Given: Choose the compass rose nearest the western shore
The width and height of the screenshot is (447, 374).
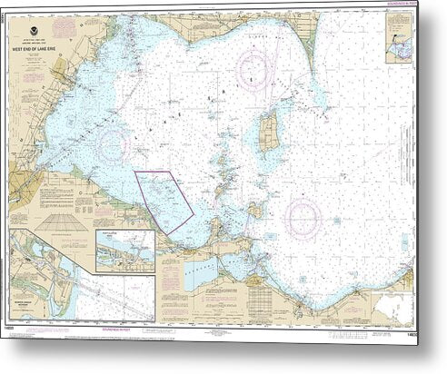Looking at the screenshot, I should tap(113, 143).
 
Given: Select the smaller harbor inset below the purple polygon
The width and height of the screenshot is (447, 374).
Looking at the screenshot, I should tap(124, 250).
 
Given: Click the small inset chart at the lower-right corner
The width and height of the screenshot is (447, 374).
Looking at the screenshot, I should tap(400, 312).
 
